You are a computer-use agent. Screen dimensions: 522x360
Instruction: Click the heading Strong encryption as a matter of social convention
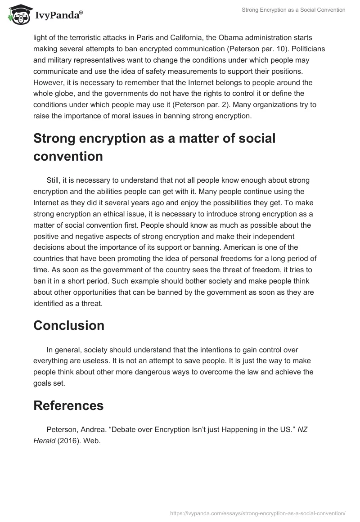pyautogui.click(x=154, y=147)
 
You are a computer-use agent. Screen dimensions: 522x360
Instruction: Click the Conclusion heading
pyautogui.click(x=68, y=325)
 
